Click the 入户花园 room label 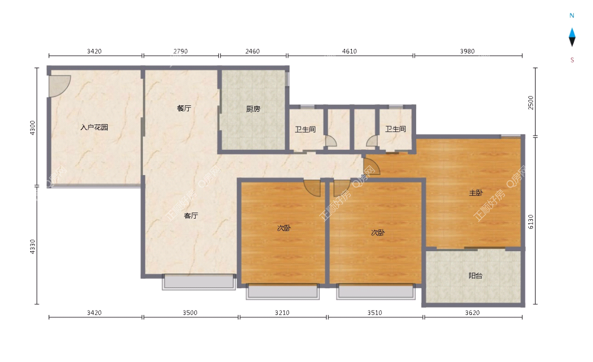point(94,128)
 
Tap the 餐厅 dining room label point(184,108)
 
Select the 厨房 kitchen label point(253,109)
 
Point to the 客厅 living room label point(191,216)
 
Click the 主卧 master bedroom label point(476,193)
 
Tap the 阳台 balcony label point(475,276)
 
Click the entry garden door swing point(60,86)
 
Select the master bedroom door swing point(372,167)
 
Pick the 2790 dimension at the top point(180,51)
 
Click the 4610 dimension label point(349,51)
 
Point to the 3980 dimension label point(467,51)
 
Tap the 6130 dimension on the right point(531,222)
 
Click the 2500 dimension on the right point(531,102)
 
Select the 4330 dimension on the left point(32,247)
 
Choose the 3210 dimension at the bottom point(282,313)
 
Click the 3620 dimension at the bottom point(472,313)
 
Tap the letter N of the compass point(572,16)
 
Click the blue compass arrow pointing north point(572,33)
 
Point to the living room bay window point(199,282)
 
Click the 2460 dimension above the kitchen point(253,51)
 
